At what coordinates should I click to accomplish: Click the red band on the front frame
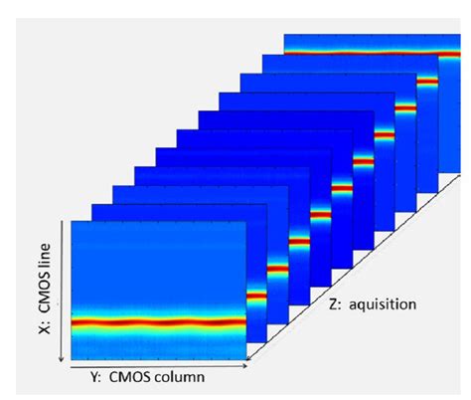tap(159, 321)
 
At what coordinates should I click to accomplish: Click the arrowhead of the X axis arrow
tap(63, 359)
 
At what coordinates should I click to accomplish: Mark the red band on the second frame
tap(256, 296)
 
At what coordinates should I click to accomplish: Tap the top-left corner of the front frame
tap(74, 221)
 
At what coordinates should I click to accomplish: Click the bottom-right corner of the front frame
tap(245, 358)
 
